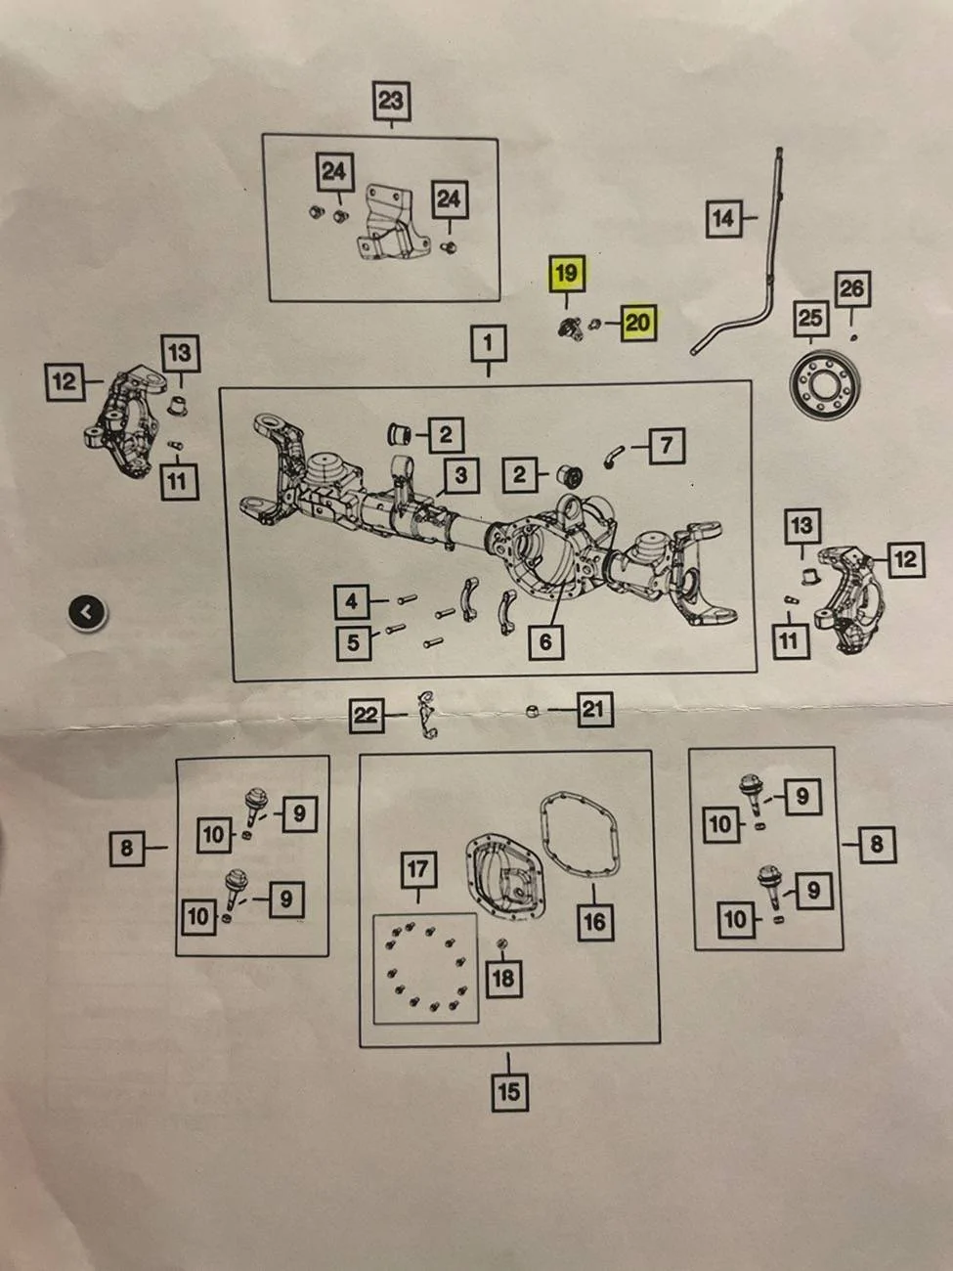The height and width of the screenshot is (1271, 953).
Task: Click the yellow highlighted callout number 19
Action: tap(566, 273)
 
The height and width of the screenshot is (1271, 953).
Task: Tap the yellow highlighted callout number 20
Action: tap(638, 322)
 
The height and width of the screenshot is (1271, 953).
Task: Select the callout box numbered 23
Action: tap(391, 101)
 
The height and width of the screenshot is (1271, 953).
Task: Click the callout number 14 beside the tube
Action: tap(723, 218)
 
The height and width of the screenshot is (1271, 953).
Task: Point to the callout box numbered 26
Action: tap(852, 288)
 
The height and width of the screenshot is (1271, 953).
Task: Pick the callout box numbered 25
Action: tap(810, 318)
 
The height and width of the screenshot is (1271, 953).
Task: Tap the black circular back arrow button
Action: tap(87, 613)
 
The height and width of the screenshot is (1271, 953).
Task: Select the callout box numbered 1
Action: tap(489, 343)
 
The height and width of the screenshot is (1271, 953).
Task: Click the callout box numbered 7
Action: tap(667, 446)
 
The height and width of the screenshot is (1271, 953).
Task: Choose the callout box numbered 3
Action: tap(460, 475)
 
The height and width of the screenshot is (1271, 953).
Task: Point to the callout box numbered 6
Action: tap(546, 641)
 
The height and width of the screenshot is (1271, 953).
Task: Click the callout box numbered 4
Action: tap(352, 602)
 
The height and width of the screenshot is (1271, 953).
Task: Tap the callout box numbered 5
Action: tap(354, 642)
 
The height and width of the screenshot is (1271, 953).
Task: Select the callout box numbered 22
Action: tap(367, 716)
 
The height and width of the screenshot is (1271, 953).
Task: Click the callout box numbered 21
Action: tap(594, 710)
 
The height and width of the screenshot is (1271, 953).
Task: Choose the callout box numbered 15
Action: tap(509, 1093)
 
